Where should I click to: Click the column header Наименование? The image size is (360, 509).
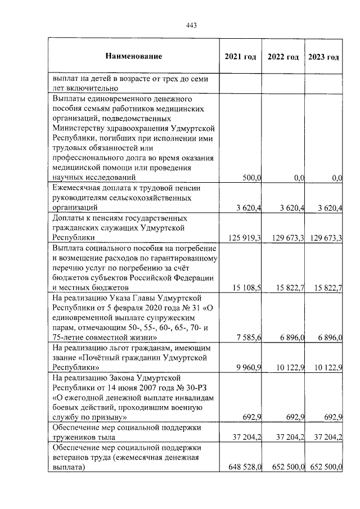(133, 56)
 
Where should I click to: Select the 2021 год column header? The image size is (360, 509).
(240, 57)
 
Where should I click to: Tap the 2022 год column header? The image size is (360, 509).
(283, 57)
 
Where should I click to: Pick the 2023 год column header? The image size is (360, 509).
(323, 57)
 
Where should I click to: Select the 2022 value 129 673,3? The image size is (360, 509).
(285, 238)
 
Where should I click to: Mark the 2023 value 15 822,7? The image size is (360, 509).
(326, 289)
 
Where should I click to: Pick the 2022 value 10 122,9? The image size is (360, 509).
(287, 368)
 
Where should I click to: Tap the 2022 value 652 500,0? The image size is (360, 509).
(285, 467)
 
